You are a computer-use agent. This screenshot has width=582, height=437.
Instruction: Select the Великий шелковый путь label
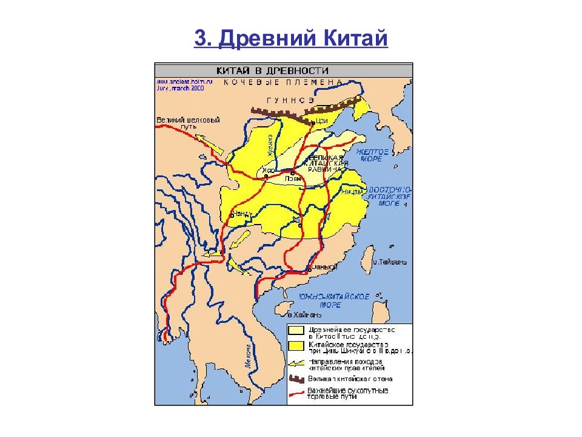coord(179,123)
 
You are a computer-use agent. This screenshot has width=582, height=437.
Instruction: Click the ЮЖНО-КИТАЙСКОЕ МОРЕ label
coord(335,300)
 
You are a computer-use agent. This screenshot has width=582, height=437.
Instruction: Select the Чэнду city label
coord(241,214)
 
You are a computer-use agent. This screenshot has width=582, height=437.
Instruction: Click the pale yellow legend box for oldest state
coord(296,331)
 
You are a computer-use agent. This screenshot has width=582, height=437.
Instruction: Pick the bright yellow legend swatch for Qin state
coord(296,346)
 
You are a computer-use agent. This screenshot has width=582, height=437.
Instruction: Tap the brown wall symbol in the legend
coord(296,379)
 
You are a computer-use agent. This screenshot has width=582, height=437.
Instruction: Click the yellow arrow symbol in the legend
coord(296,363)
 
